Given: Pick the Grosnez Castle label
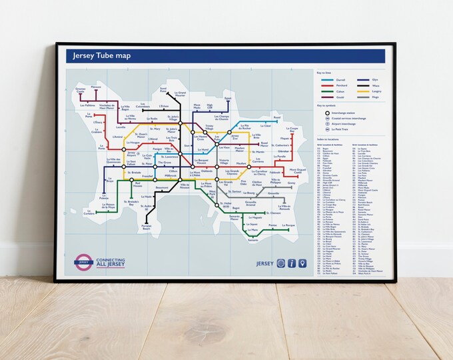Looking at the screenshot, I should tap(81, 90).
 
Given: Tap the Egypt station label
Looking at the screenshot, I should tap(227, 99).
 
